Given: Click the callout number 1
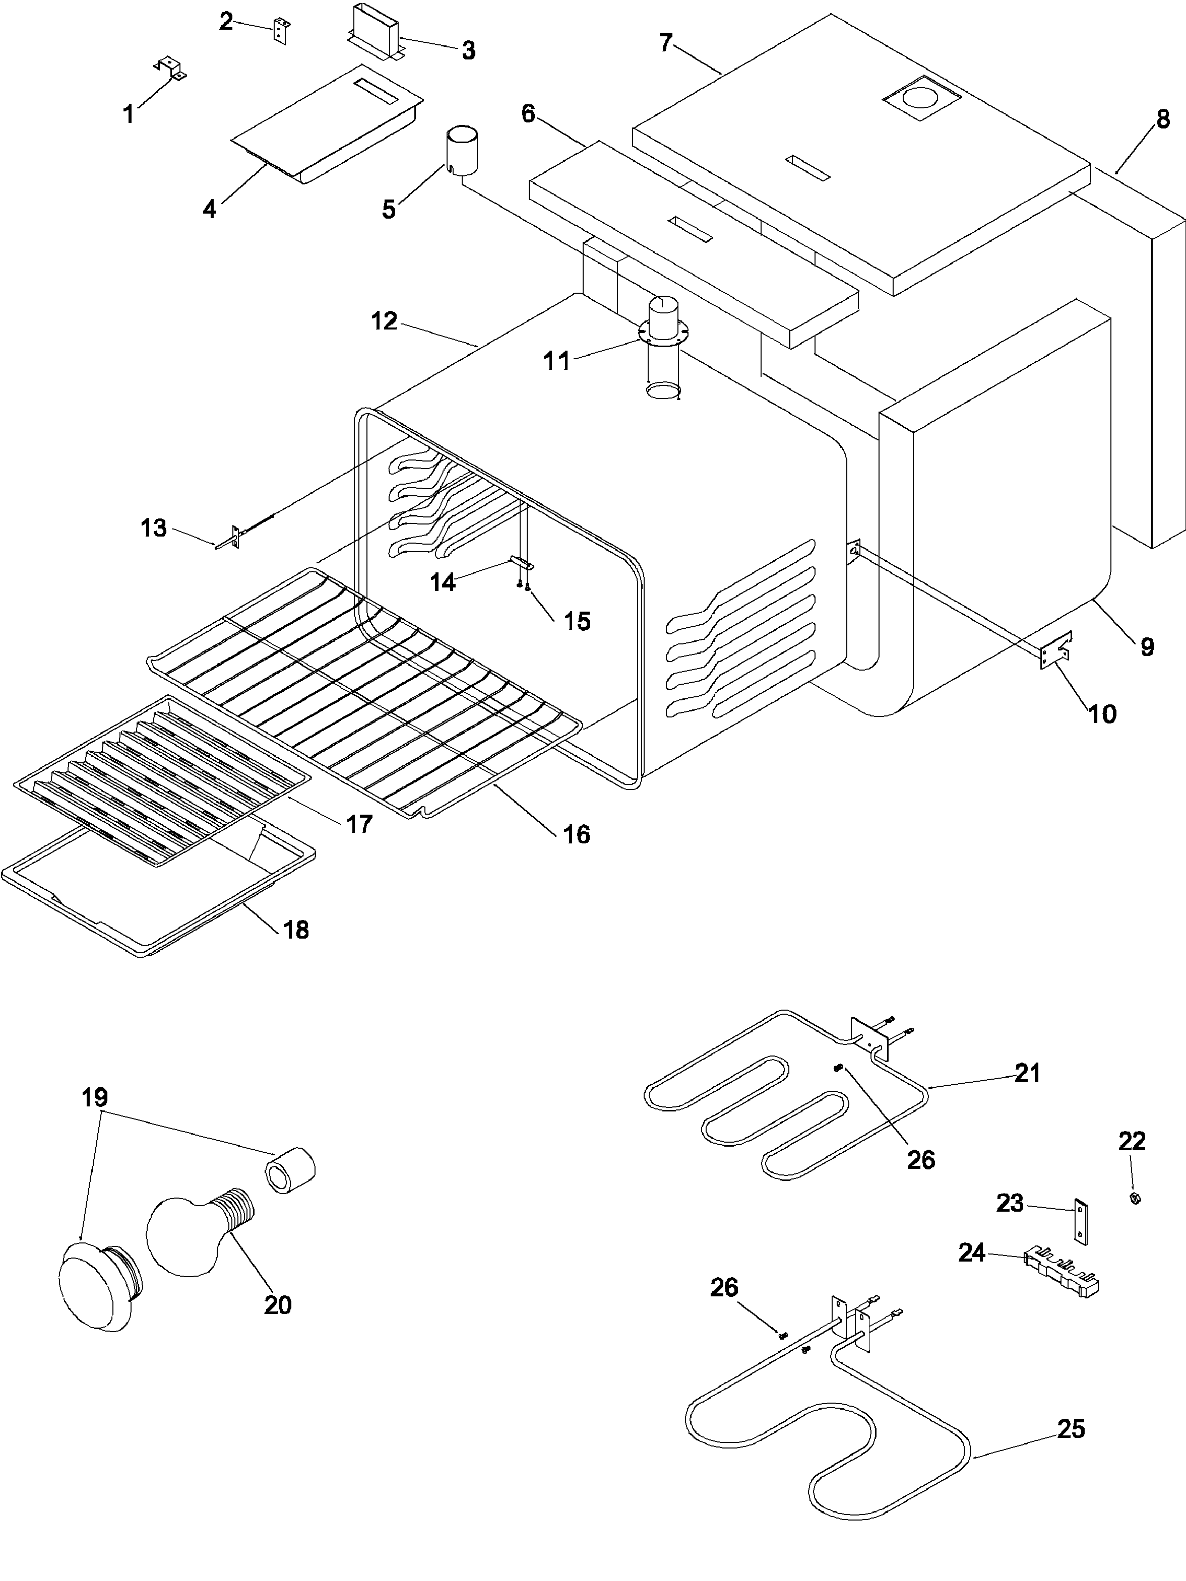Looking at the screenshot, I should (129, 114).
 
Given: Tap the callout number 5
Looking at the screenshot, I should (388, 210).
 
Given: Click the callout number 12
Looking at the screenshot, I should (384, 321).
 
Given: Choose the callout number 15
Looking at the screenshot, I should (577, 621).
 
